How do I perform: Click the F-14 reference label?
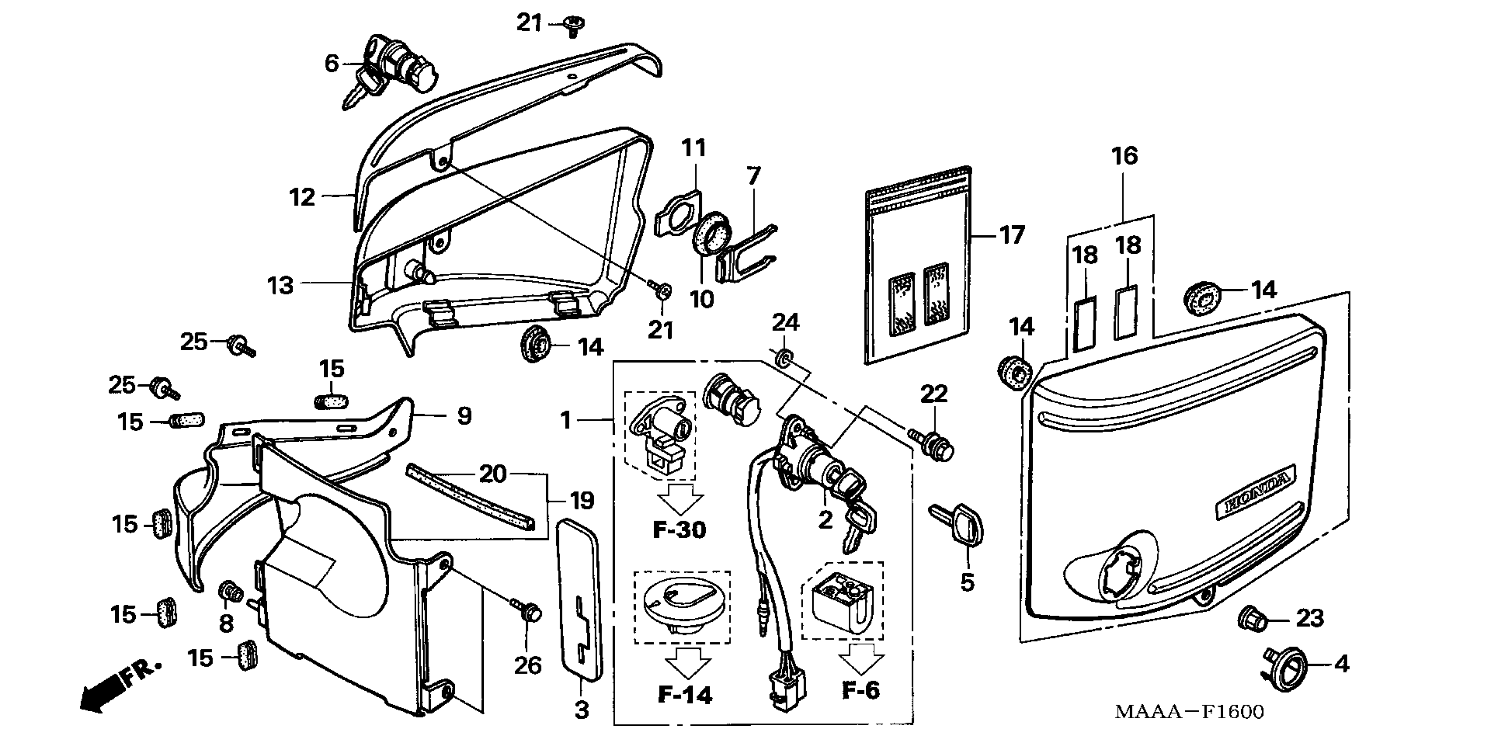tap(685, 694)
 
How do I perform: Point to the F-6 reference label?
tap(861, 689)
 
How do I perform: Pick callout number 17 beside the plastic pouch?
tap(1012, 235)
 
